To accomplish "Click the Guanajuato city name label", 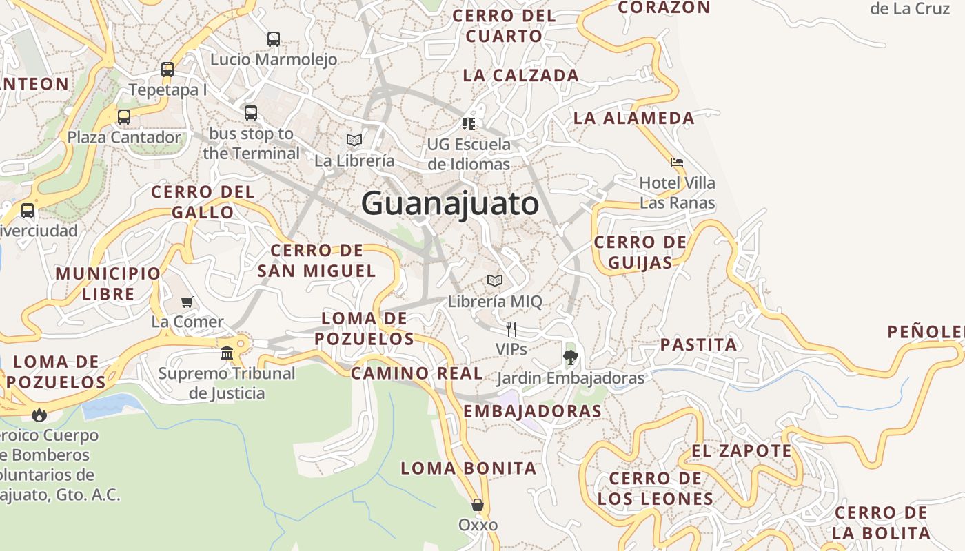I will click(x=449, y=204).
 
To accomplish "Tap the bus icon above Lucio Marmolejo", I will click(x=274, y=39).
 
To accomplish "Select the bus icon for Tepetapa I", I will click(x=167, y=70).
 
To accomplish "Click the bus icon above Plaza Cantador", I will click(x=124, y=116).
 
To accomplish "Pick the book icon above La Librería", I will click(x=354, y=140).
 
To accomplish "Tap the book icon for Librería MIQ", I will click(x=495, y=281).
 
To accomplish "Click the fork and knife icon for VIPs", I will click(x=511, y=329).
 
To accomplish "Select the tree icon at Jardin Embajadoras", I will click(x=570, y=357).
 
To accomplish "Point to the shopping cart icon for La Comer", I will click(x=187, y=302).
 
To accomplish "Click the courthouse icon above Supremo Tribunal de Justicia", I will click(x=227, y=353).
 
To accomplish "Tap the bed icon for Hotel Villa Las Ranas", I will click(x=677, y=163).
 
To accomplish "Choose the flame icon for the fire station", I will click(x=39, y=414).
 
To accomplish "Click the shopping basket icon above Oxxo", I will click(x=478, y=505).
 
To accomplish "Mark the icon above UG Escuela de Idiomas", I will click(x=469, y=124).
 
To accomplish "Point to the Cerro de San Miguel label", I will click(x=317, y=260).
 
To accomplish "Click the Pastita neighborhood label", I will click(x=699, y=344).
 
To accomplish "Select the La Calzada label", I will click(x=520, y=76).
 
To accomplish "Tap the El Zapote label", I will click(x=742, y=451).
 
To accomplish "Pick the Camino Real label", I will click(x=416, y=373).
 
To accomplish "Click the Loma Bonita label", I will click(x=469, y=468).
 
